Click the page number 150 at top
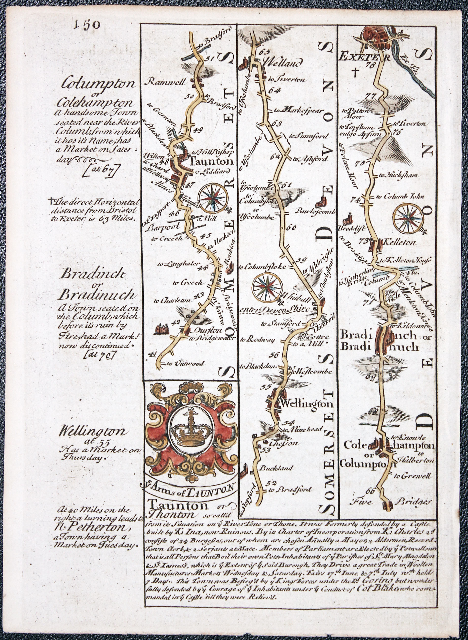point(87,25)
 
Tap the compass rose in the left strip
point(213,198)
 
